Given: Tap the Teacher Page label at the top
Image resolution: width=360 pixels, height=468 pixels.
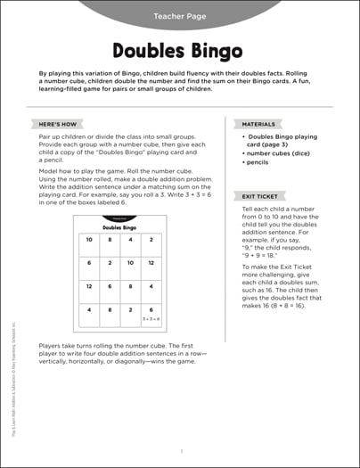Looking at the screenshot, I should pos(180,16).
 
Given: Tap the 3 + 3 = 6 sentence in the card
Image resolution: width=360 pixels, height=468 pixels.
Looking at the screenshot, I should pos(151,317).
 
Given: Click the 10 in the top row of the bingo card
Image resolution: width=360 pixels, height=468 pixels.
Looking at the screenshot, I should pos(88,240).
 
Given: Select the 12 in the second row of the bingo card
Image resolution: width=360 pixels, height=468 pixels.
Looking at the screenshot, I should pos(151,263).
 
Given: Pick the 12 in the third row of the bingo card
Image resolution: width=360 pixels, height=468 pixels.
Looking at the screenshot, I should pos(88,286).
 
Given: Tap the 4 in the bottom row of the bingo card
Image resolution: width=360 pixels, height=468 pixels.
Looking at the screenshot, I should pos(88,309).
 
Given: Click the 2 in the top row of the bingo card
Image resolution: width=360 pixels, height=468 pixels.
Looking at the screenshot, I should pos(151,240).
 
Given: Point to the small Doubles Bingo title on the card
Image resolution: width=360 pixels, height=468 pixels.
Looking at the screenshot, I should pos(120,227).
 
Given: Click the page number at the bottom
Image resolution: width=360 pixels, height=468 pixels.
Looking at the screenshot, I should pos(180,451).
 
